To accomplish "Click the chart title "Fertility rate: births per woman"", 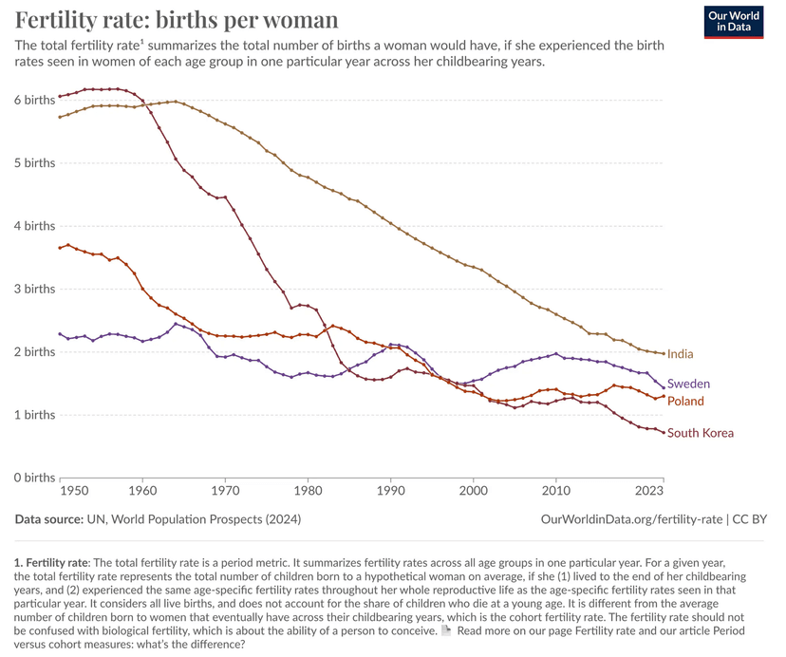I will (x=176, y=19).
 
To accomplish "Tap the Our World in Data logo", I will (x=734, y=21).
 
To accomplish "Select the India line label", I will (x=680, y=354).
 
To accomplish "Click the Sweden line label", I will (x=688, y=384).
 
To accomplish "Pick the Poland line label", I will (x=685, y=402).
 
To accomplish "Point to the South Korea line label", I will (x=701, y=433).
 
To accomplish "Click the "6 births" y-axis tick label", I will (x=34, y=100).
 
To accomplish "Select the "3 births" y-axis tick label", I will (x=34, y=289).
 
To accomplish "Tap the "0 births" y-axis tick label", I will (x=34, y=478).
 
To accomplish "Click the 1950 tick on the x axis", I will (x=74, y=491).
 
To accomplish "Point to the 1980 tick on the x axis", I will (x=308, y=491).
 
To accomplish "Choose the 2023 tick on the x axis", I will (x=648, y=491).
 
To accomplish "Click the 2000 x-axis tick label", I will (x=473, y=491).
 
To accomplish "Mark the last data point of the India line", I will (x=663, y=353).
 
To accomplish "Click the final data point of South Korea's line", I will (x=663, y=432).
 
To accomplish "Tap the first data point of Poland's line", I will (x=59, y=248).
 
